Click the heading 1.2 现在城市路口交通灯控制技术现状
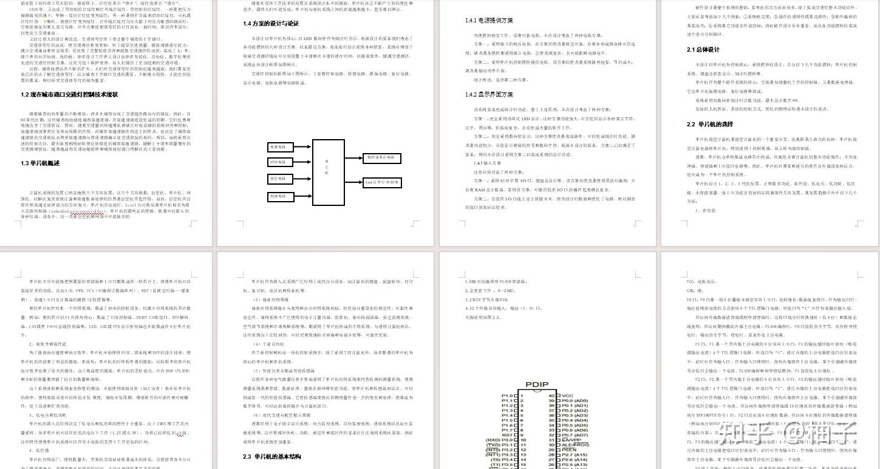click(69, 95)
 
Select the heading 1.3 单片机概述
click(40, 163)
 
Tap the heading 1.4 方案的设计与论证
click(271, 24)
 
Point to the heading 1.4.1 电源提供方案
click(489, 20)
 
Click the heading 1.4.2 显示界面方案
click(489, 95)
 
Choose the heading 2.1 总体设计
click(703, 50)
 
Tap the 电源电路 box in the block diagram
click(280, 147)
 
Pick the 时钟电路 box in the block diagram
click(280, 162)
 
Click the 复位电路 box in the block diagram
click(280, 179)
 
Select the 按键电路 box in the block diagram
click(280, 196)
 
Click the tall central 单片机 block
click(328, 173)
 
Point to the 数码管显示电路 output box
click(381, 158)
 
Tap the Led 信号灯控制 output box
click(381, 182)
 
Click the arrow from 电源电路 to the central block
click(302, 147)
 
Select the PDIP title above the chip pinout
click(537, 385)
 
